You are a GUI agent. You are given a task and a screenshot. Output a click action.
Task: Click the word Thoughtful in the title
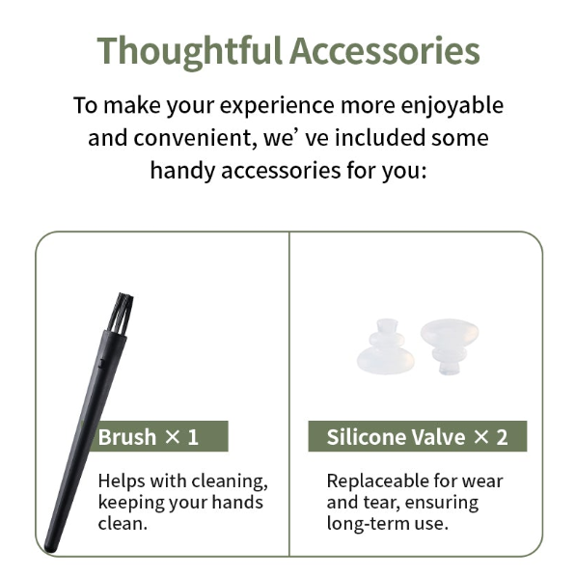(189, 52)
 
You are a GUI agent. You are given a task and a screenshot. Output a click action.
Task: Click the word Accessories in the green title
(384, 50)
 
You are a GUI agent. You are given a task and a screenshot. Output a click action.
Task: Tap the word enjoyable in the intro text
(452, 106)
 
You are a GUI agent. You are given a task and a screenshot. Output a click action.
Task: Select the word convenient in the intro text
(195, 138)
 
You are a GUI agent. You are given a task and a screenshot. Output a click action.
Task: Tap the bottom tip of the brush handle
(51, 549)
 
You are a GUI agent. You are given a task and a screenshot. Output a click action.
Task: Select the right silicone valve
(450, 344)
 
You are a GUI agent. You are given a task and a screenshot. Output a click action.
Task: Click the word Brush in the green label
(127, 437)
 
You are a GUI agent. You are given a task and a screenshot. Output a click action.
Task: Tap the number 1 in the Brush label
(193, 437)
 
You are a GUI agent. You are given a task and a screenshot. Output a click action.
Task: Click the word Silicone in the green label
(366, 437)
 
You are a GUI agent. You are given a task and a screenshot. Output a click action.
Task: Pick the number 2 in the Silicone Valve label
(502, 437)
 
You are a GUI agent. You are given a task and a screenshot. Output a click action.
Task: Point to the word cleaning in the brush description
(230, 481)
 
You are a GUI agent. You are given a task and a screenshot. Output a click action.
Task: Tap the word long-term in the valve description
(368, 524)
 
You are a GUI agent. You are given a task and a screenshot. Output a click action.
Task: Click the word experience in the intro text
(277, 106)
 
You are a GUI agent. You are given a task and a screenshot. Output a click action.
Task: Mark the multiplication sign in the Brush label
(172, 437)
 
